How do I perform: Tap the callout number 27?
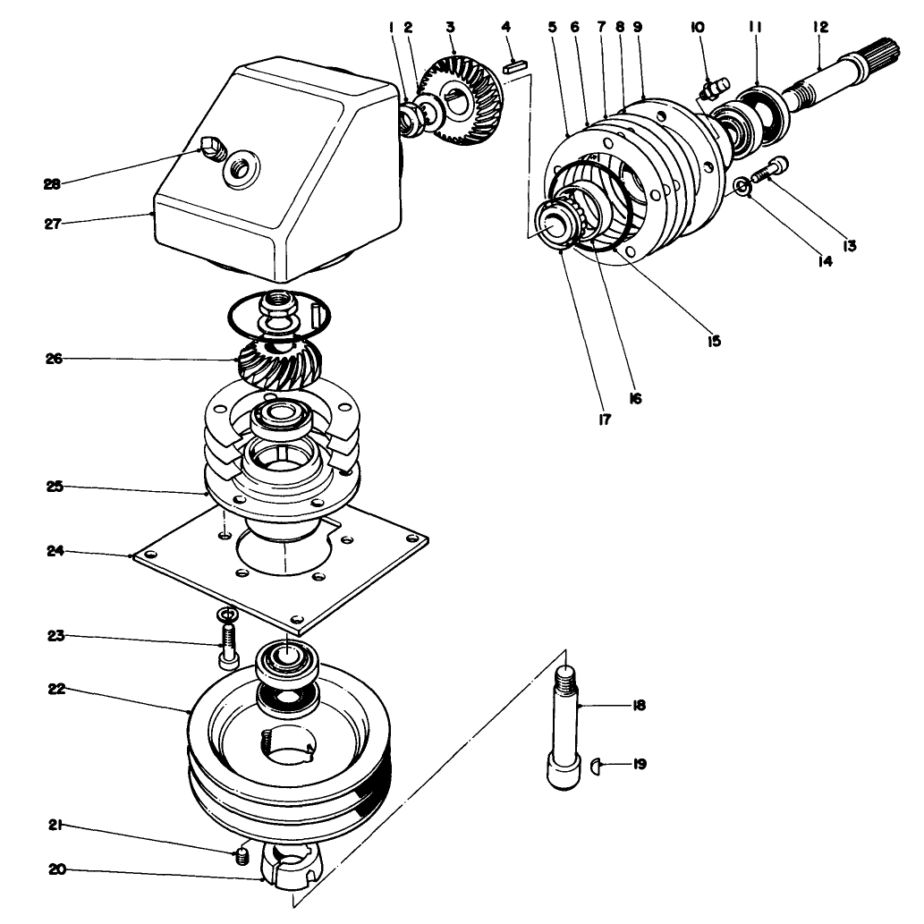[51, 224]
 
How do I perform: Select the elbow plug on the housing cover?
[211, 146]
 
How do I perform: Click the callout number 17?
[605, 420]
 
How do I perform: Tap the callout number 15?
[713, 340]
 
